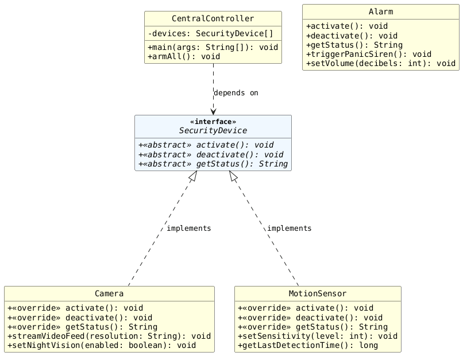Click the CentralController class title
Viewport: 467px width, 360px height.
pos(213,18)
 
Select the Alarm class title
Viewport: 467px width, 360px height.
pos(381,11)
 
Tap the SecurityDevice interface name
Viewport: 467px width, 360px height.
pos(213,130)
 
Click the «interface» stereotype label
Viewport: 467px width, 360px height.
pos(213,122)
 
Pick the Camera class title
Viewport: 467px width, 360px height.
pos(109,293)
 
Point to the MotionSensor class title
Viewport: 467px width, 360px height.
pos(318,293)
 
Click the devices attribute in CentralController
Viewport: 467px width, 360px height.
pos(210,33)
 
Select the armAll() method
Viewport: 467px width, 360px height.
pos(184,57)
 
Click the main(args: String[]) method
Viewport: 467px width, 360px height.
pos(213,47)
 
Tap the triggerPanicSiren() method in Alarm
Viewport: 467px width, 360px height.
pos(369,54)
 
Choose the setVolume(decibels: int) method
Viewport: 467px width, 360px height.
pos(381,63)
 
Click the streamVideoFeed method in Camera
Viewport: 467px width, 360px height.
pos(109,336)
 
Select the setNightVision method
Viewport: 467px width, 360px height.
pos(102,346)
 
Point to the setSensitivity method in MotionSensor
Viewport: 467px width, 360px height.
pos(318,336)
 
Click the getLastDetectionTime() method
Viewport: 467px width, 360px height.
pos(308,346)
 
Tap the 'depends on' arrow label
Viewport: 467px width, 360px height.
pos(236,93)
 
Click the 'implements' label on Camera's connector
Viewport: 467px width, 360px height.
pos(188,229)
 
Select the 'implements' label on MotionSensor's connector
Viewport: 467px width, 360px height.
pos(289,229)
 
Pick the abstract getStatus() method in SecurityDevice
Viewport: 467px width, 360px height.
pos(213,164)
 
